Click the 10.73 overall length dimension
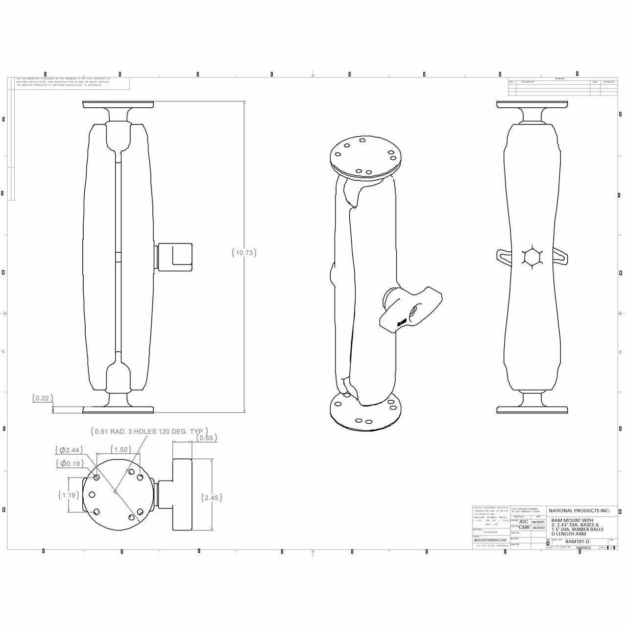tap(244, 253)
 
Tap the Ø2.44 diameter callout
tap(69, 450)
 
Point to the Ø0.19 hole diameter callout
tap(69, 463)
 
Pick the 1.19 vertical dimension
tap(69, 495)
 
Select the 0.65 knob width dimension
tap(206, 438)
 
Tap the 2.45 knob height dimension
tap(212, 498)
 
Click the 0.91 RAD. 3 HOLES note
tap(149, 432)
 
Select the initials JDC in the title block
tap(523, 522)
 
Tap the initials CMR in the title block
tap(524, 528)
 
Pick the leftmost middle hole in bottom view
tap(91, 494)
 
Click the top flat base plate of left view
tap(118, 104)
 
